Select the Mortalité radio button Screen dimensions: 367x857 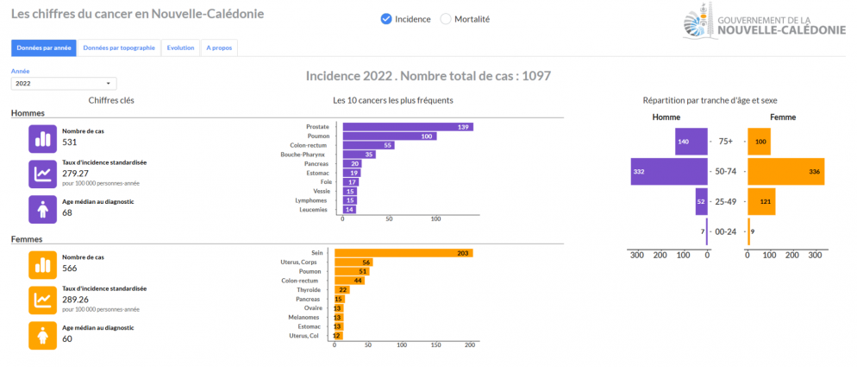(446, 19)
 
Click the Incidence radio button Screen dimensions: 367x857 (386, 19)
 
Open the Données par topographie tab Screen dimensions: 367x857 (119, 48)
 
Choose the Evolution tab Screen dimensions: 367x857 (180, 48)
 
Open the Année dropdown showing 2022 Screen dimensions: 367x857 (64, 84)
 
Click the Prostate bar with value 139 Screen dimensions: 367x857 (408, 127)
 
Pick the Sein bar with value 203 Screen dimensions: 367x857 (403, 253)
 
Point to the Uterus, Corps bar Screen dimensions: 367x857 (353, 263)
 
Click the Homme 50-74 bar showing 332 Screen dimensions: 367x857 (668, 171)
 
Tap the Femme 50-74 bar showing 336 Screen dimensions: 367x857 (785, 171)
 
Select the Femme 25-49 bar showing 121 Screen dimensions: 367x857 (761, 201)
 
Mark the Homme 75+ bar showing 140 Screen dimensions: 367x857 (691, 141)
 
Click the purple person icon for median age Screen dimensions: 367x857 (42, 208)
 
